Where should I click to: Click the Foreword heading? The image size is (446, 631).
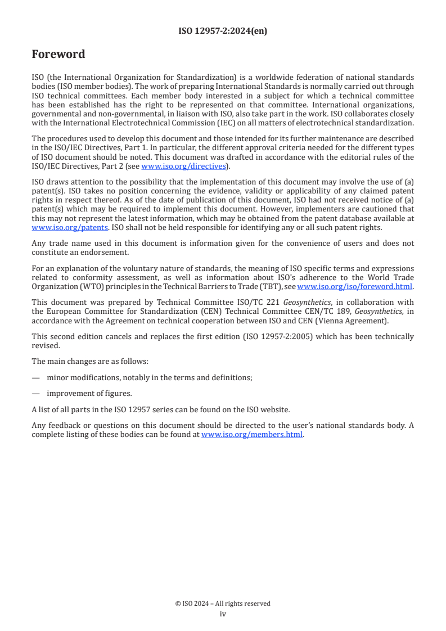(58, 55)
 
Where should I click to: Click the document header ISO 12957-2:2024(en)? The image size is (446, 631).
(223, 31)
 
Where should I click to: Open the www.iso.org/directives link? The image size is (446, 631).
(183, 166)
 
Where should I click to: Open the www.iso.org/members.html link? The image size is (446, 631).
(252, 435)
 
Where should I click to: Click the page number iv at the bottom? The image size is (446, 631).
(223, 614)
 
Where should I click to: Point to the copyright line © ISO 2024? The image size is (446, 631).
(223, 603)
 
